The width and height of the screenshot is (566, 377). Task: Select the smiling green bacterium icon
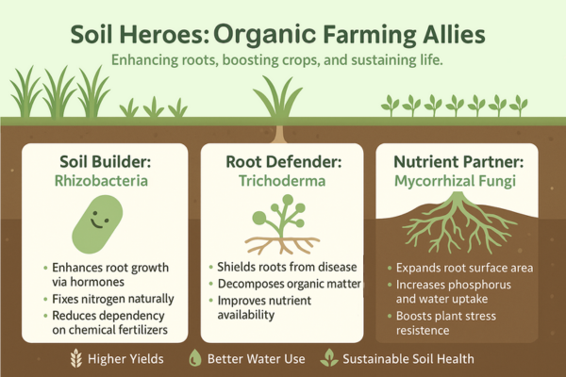coord(97,224)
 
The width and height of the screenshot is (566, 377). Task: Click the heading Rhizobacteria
coord(101,181)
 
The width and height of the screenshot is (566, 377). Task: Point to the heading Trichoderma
coord(282,181)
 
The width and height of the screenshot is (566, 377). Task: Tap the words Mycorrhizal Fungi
coord(455,181)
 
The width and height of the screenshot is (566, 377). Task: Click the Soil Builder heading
coord(105,161)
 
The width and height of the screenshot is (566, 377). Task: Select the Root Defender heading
coord(283,161)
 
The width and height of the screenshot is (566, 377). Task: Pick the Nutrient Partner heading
coord(458,161)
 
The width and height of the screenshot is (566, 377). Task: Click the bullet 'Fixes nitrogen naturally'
coord(113,299)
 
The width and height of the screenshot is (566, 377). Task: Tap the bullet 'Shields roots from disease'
coord(287,268)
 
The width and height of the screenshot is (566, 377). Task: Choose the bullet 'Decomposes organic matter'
coord(290,284)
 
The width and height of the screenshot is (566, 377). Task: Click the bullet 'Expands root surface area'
coord(464,268)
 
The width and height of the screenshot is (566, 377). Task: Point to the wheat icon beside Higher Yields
coord(75,358)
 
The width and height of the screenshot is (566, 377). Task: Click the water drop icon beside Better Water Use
coord(195,358)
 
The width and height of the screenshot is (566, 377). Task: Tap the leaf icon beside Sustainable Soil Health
coord(329,358)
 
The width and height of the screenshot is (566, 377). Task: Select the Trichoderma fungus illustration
coord(282,224)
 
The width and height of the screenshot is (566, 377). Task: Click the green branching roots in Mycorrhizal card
coord(458,222)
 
